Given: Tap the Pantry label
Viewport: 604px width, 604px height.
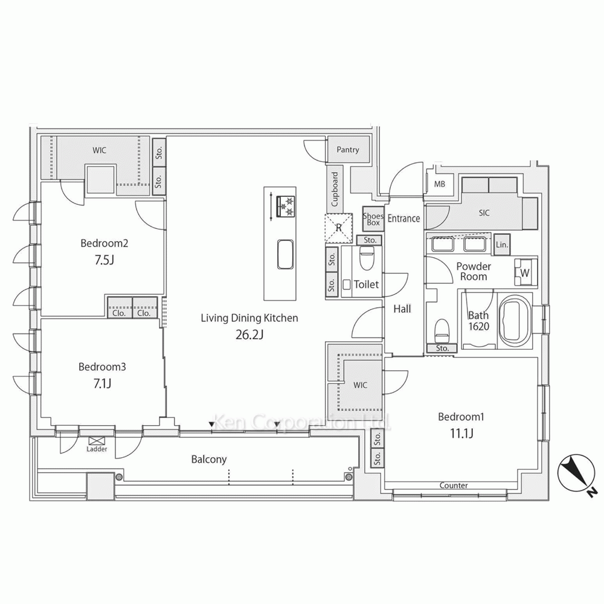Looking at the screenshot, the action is (x=347, y=149).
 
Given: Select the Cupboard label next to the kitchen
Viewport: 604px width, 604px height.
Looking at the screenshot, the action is (x=335, y=188).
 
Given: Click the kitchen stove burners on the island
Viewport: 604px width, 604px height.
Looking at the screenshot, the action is (x=286, y=207).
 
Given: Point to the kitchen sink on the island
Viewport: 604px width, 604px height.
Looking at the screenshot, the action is (x=285, y=255).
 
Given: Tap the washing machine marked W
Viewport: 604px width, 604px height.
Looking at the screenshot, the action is (x=524, y=272).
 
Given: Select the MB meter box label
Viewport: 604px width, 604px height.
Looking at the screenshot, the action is (x=440, y=184).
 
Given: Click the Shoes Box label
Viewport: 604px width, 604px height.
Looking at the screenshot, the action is (x=373, y=219).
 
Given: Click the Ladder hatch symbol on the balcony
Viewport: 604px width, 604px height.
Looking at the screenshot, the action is (x=94, y=441).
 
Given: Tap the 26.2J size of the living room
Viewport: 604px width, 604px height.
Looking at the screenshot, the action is (x=249, y=335).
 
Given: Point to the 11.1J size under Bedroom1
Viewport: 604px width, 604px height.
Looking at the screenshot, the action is (x=461, y=434).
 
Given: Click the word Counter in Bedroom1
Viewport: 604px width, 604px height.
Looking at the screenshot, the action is (x=454, y=486).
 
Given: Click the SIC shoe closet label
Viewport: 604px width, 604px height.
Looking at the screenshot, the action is (x=484, y=213).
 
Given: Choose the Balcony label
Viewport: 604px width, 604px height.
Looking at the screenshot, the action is (x=209, y=460).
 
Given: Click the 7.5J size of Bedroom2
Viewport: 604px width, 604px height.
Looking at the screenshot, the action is (x=104, y=260).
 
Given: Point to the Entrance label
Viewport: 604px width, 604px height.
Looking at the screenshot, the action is (x=403, y=219).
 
